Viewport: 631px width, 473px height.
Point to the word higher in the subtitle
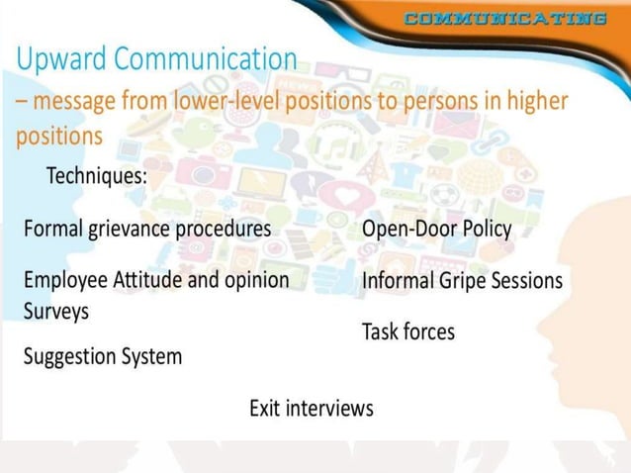(535, 101)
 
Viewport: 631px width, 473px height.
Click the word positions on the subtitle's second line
(58, 135)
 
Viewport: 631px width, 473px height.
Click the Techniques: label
(97, 176)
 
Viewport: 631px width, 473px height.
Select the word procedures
(223, 230)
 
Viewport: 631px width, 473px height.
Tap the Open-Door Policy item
(436, 230)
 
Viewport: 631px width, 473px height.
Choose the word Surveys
(56, 310)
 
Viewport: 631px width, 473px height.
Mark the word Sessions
(530, 281)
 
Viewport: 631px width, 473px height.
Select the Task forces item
(408, 331)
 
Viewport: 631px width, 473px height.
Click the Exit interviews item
(311, 408)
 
